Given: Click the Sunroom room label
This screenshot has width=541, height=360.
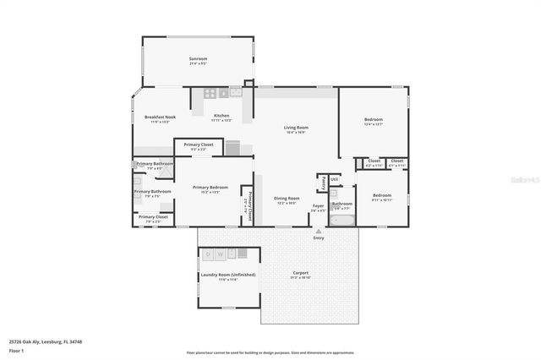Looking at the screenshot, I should tap(198, 59).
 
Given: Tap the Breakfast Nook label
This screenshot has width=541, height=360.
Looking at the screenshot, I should tap(160, 117).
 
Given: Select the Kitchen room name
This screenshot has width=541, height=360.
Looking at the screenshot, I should tap(221, 116).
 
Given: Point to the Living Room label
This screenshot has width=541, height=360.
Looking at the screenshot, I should tap(296, 127).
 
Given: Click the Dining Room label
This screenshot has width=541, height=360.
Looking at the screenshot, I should tap(286, 199).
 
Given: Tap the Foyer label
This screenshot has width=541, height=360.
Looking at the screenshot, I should tap(319, 205).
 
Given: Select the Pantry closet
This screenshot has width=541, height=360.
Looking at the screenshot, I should tap(323, 182).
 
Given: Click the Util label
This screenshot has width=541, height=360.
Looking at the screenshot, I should tap(334, 179).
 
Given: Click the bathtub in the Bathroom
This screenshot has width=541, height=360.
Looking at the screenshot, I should tap(342, 220).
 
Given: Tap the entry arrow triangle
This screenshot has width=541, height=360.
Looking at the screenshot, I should tap(319, 229).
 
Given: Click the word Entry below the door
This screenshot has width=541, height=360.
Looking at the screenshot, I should tap(319, 237).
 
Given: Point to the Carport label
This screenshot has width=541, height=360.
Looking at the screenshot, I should tap(300, 273).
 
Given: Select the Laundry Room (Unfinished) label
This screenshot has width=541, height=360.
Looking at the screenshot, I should tap(228, 275).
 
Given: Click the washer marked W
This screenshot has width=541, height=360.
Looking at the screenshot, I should tap(221, 254).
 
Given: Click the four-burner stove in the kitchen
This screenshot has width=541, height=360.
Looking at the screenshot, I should tap(211, 93).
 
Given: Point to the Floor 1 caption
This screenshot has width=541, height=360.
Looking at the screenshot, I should tap(16, 350).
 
